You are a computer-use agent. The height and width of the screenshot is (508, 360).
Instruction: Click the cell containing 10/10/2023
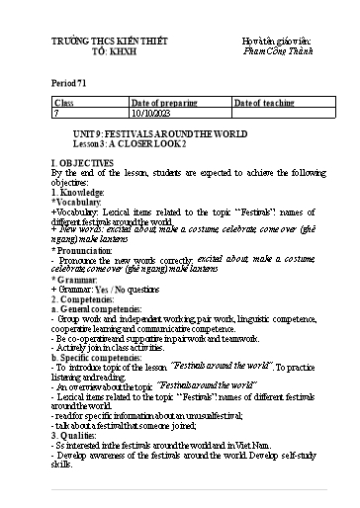pyautogui.click(x=152, y=113)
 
